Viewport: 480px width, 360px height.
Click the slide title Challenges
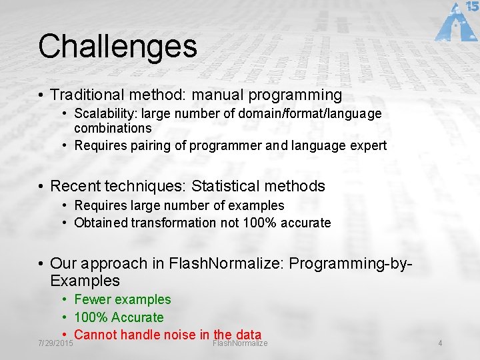(117, 47)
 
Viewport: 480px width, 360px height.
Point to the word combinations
(113, 128)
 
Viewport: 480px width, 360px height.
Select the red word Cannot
(96, 335)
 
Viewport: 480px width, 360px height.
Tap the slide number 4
(440, 343)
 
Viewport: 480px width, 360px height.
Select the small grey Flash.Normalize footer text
(240, 343)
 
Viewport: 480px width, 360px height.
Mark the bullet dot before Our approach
(41, 264)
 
